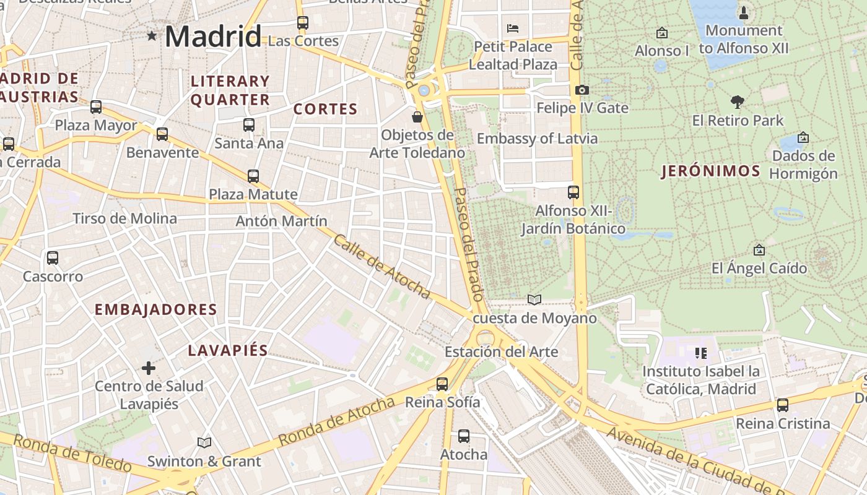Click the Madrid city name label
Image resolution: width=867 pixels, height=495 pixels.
(x=213, y=36)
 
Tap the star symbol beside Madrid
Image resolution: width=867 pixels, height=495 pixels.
(x=152, y=36)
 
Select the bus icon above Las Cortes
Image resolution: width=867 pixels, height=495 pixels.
(x=302, y=23)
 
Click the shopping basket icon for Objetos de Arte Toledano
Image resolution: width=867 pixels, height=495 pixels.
(x=417, y=116)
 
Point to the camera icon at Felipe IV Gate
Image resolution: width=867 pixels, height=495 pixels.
(x=582, y=90)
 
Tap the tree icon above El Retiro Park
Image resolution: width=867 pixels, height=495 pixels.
(x=737, y=101)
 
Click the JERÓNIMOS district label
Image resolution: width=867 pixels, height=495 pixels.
(x=710, y=171)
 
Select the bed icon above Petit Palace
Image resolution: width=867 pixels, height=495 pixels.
(x=512, y=28)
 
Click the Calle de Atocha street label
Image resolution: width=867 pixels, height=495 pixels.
(x=381, y=266)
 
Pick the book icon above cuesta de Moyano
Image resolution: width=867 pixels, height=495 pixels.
(x=534, y=299)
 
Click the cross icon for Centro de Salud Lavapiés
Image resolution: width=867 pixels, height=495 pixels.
(x=149, y=368)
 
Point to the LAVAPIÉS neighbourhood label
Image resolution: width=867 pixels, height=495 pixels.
(x=228, y=350)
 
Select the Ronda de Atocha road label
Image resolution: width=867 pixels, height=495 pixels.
(x=336, y=421)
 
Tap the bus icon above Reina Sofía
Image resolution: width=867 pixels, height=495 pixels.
(x=442, y=384)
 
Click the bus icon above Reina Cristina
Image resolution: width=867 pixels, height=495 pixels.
(x=783, y=405)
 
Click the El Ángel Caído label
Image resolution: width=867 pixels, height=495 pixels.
(x=759, y=268)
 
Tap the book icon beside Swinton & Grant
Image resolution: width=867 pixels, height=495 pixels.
(x=204, y=442)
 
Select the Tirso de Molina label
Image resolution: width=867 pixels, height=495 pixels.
(x=124, y=218)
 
